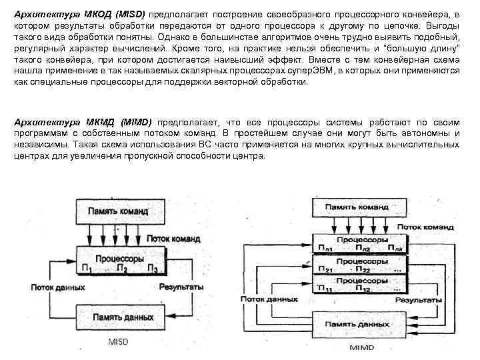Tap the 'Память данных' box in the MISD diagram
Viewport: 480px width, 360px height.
[x=120, y=317]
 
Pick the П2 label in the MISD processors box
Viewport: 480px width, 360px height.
[x=121, y=269]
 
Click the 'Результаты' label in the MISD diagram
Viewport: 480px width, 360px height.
[x=181, y=287]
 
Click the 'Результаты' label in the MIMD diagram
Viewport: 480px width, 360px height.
[x=417, y=301]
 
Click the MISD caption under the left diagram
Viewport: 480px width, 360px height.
[x=118, y=342]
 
